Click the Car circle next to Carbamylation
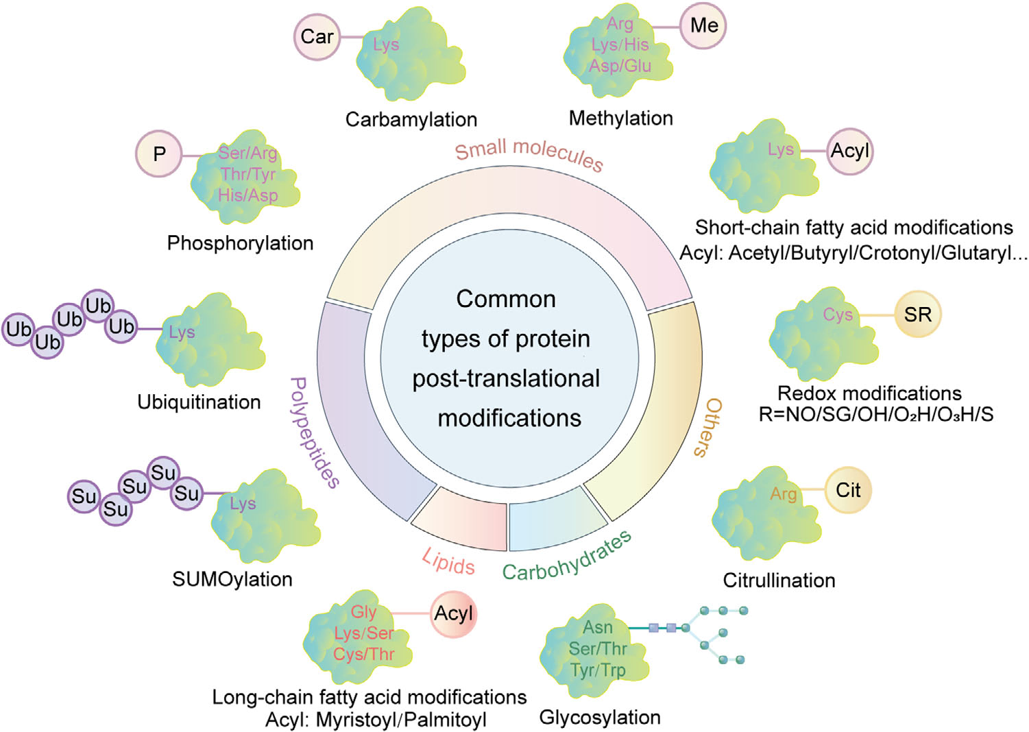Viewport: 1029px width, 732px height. (x=316, y=36)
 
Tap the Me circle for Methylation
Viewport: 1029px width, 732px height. (x=703, y=25)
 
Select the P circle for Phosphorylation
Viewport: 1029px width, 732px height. (x=159, y=154)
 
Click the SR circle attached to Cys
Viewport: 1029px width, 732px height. (x=917, y=315)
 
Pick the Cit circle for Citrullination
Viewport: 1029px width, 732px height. (x=847, y=490)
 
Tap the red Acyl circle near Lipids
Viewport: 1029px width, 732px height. (x=454, y=614)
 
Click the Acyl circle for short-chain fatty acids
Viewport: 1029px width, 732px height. (x=850, y=150)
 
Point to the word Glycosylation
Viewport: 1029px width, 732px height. (x=601, y=718)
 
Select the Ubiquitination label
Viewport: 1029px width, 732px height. (x=199, y=402)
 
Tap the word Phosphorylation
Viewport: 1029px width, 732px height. (x=240, y=243)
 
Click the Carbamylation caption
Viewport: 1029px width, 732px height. (x=411, y=120)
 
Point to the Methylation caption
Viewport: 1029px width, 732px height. (x=620, y=118)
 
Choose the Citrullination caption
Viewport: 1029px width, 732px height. (x=780, y=581)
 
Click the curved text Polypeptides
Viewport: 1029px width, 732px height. (x=314, y=431)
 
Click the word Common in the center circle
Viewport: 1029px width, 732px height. (x=506, y=299)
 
